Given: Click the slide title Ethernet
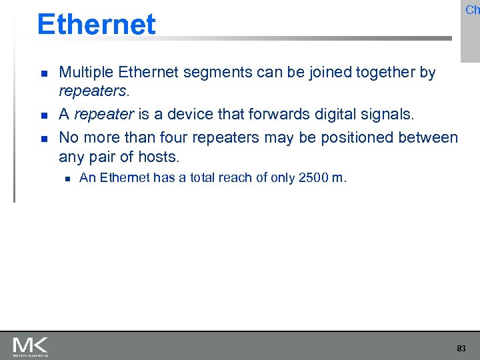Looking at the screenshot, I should (x=96, y=24).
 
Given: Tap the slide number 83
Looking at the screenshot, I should (x=461, y=348).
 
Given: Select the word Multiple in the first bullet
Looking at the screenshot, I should (x=83, y=72).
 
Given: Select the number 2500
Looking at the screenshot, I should (x=313, y=177).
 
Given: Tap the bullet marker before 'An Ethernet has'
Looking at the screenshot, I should (x=67, y=178).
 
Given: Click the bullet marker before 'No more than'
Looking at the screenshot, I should (x=43, y=138).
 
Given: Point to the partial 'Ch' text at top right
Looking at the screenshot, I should (x=472, y=9).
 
